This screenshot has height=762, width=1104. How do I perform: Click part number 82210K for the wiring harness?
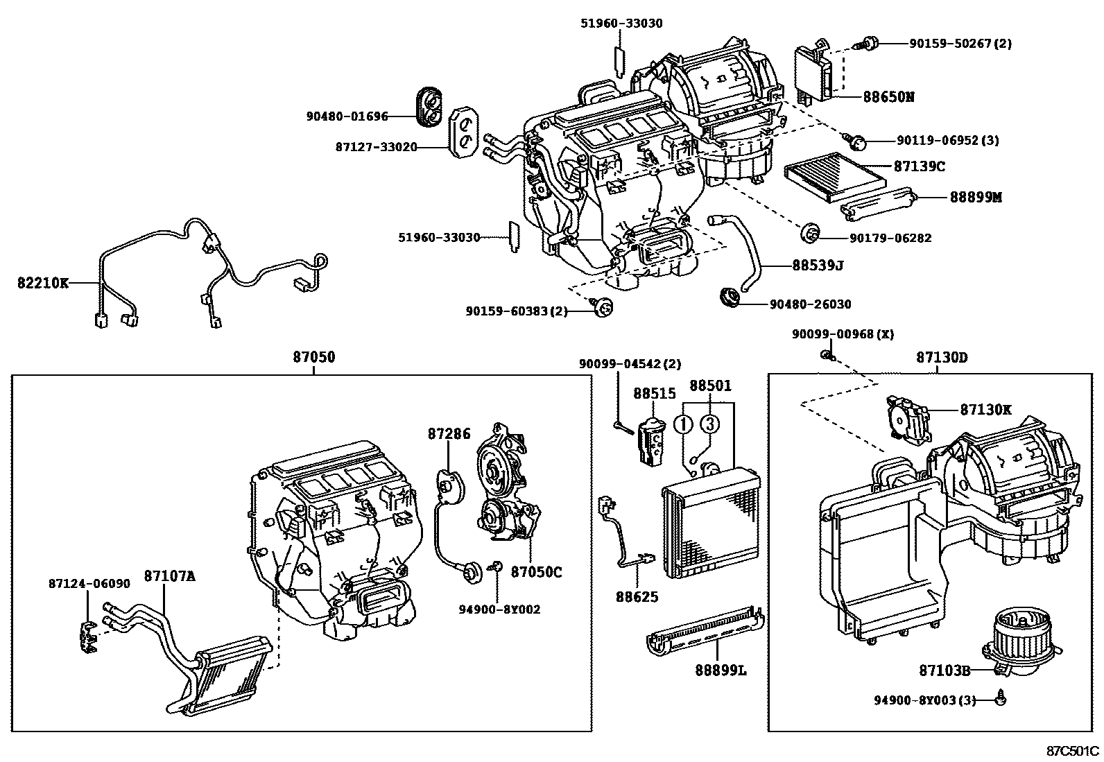[43, 283]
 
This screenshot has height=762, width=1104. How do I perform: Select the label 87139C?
[919, 166]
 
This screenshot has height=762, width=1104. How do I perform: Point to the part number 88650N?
[888, 97]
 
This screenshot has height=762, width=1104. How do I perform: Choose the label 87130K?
[985, 410]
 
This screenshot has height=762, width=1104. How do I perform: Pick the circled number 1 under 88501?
[684, 423]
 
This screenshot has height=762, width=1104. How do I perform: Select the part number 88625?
[637, 596]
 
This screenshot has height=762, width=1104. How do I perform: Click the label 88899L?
[721, 670]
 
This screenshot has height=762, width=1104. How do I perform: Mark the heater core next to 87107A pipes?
[229, 677]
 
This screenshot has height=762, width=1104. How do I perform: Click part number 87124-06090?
[89, 583]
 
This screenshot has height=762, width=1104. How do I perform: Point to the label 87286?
[449, 435]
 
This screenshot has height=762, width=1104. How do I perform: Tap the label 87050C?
[536, 572]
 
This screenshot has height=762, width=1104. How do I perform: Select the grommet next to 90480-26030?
[729, 297]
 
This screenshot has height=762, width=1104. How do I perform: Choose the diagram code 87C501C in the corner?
[1073, 750]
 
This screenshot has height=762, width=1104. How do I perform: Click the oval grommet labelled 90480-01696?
[428, 107]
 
